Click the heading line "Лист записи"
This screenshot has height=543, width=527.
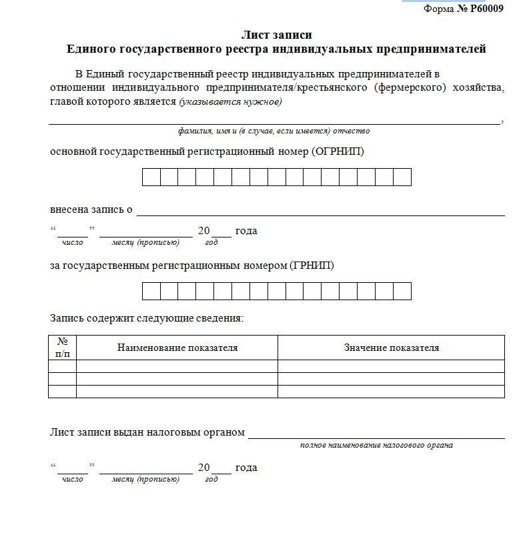pos(276,35)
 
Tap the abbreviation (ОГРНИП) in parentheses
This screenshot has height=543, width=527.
pos(338,151)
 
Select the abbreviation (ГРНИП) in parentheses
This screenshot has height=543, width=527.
pos(312,265)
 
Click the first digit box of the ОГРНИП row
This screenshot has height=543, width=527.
pos(151,177)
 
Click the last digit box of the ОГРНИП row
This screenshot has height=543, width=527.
pos(402,177)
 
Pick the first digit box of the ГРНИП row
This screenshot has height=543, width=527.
pos(151,292)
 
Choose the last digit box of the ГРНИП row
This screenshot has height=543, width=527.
pos(402,292)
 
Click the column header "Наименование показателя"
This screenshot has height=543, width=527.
pos(177,348)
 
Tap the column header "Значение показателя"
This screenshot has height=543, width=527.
pos(391,348)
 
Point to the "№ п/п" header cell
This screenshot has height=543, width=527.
pos(63,348)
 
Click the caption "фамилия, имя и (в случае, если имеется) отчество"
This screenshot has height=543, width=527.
pos(274,131)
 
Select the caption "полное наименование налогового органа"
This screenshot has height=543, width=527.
pos(376,446)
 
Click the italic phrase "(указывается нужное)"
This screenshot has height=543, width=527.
pos(230,102)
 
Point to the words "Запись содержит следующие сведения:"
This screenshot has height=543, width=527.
pos(147,318)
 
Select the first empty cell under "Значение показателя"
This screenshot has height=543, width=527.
pos(391,366)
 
